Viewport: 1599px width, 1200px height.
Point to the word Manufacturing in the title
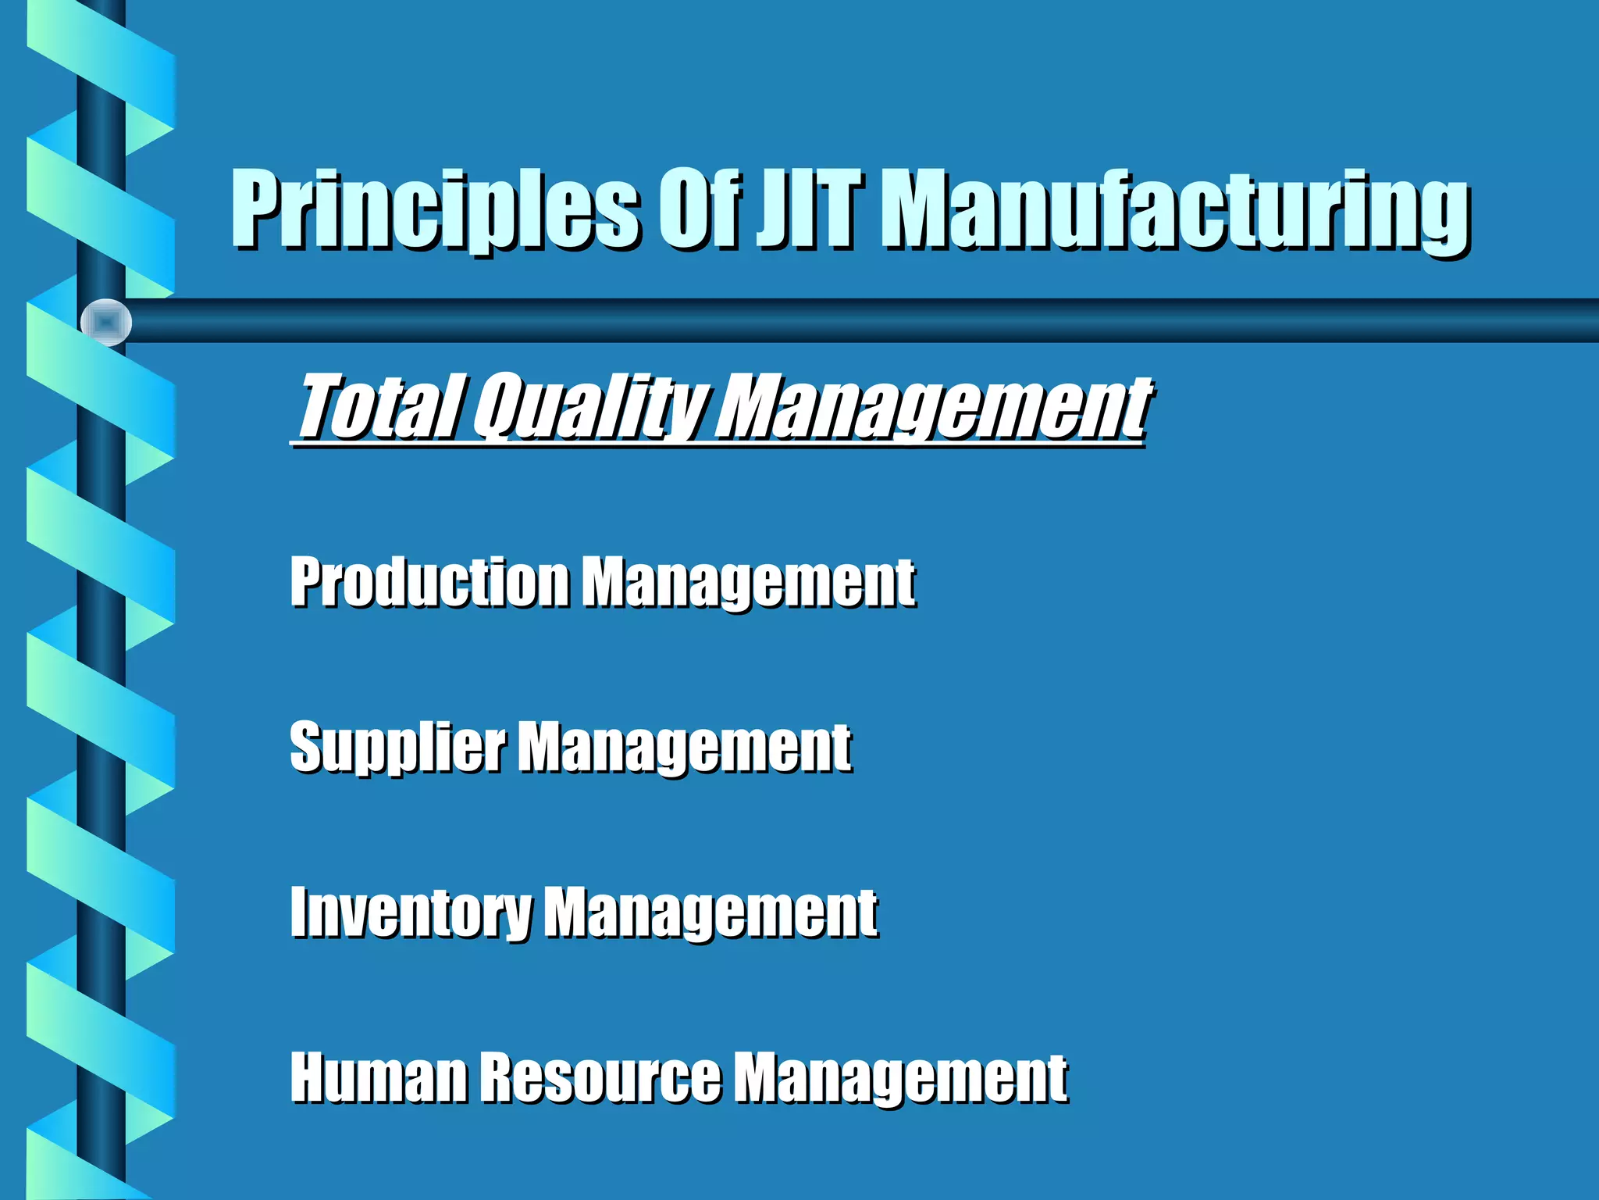point(1179,209)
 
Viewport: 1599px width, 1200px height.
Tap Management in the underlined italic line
point(933,406)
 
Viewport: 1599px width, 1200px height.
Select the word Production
point(429,583)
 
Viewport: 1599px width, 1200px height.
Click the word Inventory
point(411,912)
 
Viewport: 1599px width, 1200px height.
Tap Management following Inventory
point(710,912)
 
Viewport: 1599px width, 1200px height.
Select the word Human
point(379,1078)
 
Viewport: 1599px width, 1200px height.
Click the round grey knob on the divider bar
point(106,322)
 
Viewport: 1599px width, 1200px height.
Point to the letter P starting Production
point(307,581)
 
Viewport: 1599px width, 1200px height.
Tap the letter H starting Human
point(309,1078)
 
